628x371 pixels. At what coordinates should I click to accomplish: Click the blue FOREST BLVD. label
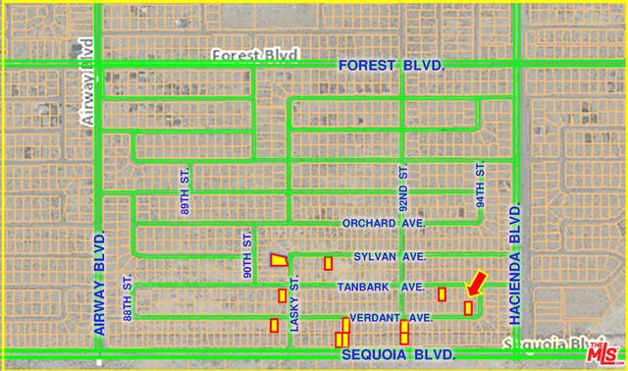click(392, 65)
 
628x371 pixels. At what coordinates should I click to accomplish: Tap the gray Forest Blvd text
click(254, 55)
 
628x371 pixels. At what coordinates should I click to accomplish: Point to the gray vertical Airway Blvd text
click(86, 69)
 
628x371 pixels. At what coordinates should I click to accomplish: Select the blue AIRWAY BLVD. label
click(100, 285)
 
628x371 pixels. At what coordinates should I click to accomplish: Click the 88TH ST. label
click(128, 295)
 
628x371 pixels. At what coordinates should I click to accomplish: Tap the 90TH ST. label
click(248, 254)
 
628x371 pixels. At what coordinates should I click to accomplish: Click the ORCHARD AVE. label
click(383, 224)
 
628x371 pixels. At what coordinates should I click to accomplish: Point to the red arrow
click(476, 283)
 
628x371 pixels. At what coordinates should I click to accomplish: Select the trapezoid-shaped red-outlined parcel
click(280, 259)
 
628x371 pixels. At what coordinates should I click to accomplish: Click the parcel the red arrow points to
click(468, 308)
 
